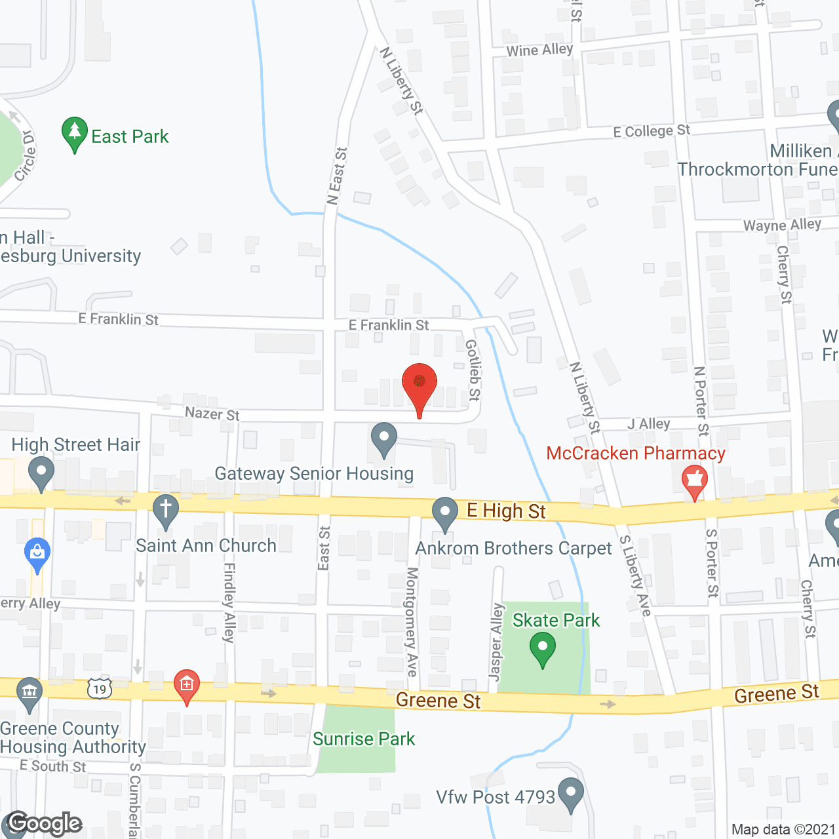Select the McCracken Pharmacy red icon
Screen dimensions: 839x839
tap(695, 481)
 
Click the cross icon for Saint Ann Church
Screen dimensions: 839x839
tap(166, 510)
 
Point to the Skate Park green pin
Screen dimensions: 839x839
tap(543, 648)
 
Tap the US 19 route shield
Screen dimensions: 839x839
tap(100, 689)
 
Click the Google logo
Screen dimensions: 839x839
tap(45, 824)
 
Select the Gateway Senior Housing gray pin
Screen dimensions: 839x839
tap(384, 438)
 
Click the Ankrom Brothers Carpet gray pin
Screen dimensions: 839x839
tap(445, 513)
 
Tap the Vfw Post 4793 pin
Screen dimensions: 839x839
tap(571, 793)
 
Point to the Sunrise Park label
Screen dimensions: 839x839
tap(364, 739)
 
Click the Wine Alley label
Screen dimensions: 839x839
tap(539, 50)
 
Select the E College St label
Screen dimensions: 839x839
tap(652, 131)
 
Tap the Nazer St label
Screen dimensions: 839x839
tap(212, 414)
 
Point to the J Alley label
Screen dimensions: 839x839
tap(648, 424)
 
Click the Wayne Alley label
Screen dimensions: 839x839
tap(782, 225)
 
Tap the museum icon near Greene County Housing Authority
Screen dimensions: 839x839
tap(29, 692)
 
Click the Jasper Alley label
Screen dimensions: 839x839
tap(497, 642)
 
